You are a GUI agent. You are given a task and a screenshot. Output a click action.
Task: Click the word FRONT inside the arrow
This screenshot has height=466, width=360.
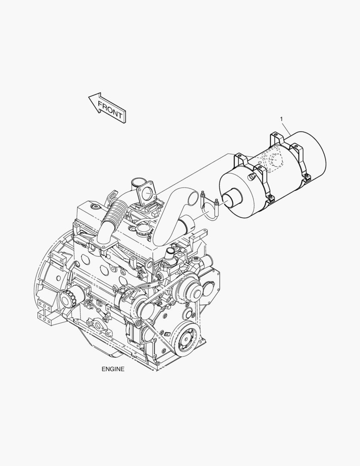point(110,110)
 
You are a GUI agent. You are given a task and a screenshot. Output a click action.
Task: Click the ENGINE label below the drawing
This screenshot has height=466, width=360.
point(113,369)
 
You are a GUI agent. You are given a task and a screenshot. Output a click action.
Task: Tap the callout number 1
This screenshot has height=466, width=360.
point(281,119)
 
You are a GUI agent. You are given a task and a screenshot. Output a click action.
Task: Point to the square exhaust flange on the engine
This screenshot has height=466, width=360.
point(146,193)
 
